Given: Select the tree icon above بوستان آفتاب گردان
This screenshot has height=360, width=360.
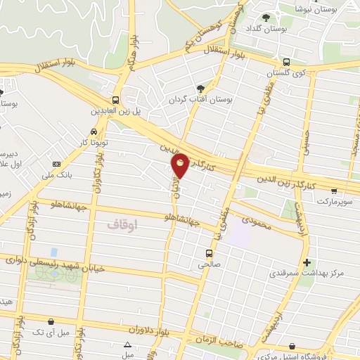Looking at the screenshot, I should [x=201, y=89].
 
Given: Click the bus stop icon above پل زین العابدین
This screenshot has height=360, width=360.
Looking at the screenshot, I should [x=115, y=100].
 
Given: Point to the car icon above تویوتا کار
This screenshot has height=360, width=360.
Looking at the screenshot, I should [x=94, y=131].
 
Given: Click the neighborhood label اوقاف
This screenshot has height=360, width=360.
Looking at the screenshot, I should [x=124, y=224].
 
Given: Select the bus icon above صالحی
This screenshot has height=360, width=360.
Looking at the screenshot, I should [x=208, y=253].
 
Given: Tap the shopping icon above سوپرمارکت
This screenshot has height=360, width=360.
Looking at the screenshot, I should [x=333, y=190].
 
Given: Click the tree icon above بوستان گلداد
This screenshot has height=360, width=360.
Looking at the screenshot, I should [x=266, y=18].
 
